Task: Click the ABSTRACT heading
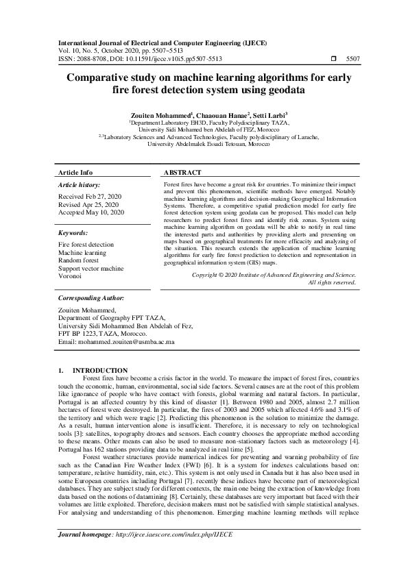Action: [x=183, y=173]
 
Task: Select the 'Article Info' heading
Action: [x=75, y=173]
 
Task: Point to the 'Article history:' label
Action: [x=79, y=185]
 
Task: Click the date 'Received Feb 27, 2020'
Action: [x=90, y=197]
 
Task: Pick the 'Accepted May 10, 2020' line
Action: [x=91, y=213]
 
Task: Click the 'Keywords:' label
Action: [x=75, y=233]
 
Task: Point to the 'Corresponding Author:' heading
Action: [x=91, y=299]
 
